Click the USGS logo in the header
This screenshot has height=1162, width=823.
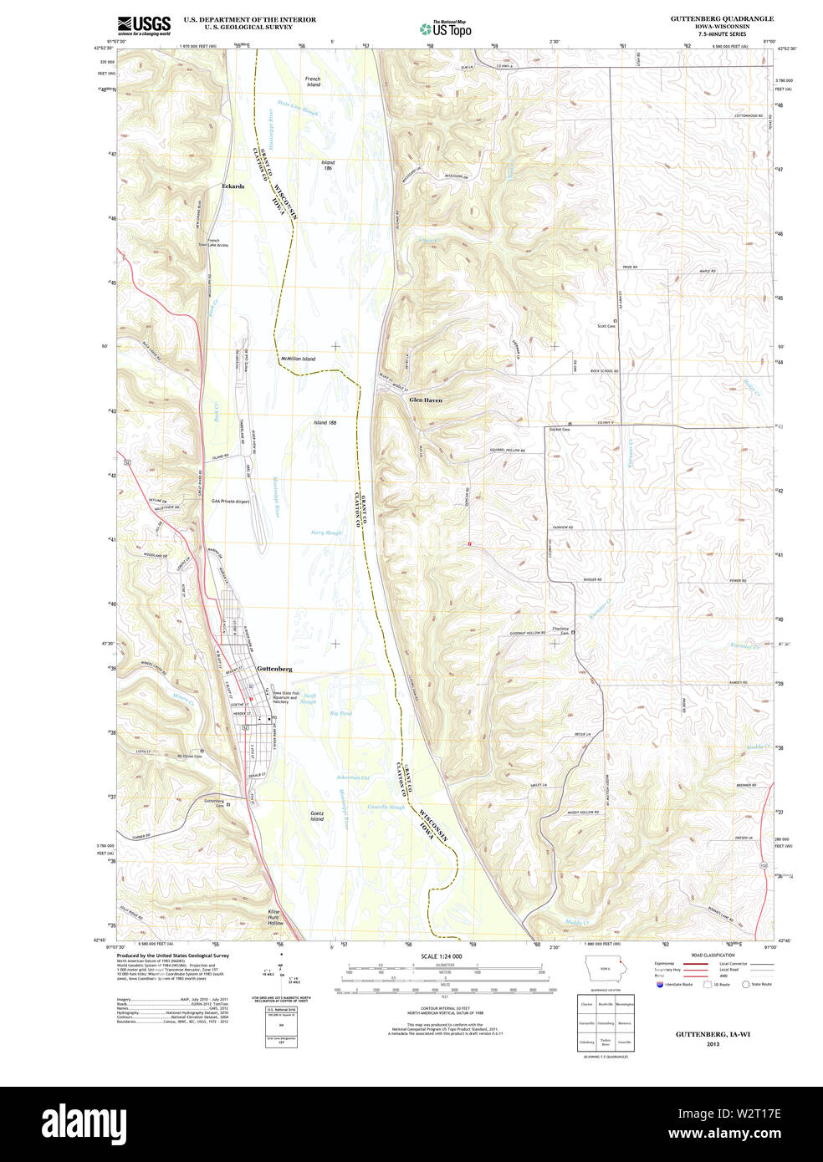point(143,24)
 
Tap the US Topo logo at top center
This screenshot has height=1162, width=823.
point(445,28)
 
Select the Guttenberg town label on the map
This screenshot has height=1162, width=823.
point(274,669)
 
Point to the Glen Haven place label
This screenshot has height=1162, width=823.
point(426,400)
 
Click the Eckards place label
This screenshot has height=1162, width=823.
point(233,186)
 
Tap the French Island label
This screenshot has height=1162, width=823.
point(313,81)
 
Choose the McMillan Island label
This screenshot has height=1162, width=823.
point(298,359)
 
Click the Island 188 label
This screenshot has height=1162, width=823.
point(325,423)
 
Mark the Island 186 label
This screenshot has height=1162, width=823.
point(328,166)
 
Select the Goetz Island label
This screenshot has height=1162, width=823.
point(316,815)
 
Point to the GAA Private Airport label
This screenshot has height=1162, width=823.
point(230,502)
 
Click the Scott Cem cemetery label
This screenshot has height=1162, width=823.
point(606,326)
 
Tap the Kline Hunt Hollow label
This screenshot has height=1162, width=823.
point(275,917)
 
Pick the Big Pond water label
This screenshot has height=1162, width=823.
point(340,713)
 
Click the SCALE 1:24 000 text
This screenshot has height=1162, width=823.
point(442,956)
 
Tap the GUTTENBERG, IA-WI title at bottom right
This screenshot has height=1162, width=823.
point(713,1034)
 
